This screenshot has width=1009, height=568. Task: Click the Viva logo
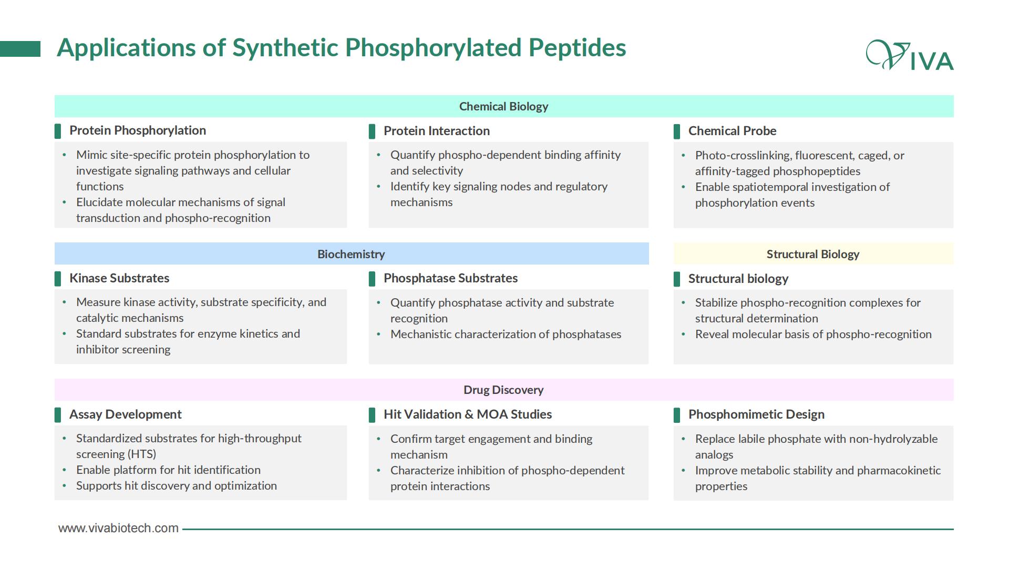[910, 55]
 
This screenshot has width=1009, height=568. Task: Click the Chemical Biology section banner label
[503, 106]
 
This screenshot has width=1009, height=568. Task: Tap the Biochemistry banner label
[351, 254]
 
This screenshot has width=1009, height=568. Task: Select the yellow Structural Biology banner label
[813, 254]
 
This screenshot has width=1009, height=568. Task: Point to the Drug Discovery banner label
[503, 390]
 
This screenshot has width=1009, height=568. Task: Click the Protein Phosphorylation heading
[138, 130]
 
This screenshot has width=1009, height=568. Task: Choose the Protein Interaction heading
[437, 131]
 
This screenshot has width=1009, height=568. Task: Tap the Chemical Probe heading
[732, 131]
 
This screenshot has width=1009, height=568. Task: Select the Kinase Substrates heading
[119, 278]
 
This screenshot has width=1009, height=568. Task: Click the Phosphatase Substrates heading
[450, 278]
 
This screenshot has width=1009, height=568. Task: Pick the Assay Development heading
[126, 414]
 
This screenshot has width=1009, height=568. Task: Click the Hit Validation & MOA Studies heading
[468, 414]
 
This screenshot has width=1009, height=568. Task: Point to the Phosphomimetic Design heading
[756, 414]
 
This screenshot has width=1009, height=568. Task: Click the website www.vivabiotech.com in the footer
[118, 528]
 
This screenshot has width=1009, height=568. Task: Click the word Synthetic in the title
[285, 47]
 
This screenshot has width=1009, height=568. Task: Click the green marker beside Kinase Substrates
[58, 279]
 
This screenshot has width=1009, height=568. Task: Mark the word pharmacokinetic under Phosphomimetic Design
[899, 470]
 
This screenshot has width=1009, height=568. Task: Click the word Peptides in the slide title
[578, 47]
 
